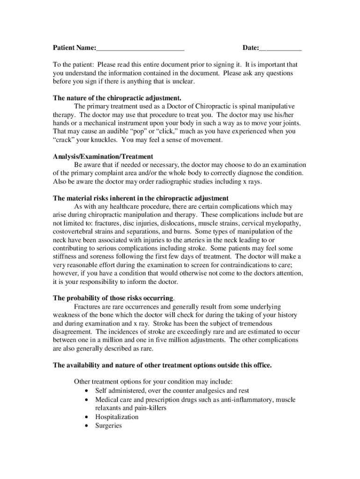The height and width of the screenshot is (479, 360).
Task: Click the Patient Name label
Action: [x=74, y=48]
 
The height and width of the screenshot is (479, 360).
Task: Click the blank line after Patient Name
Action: [x=140, y=49]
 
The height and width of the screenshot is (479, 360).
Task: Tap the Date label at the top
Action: [x=251, y=48]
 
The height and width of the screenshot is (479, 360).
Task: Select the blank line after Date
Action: [x=281, y=49]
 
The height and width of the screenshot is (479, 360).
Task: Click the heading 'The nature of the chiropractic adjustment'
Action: [x=117, y=98]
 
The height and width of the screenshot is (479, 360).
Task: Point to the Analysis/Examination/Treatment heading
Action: [x=103, y=156]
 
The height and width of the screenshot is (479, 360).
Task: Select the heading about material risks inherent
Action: [x=141, y=198]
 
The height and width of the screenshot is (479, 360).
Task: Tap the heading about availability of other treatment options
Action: [x=162, y=365]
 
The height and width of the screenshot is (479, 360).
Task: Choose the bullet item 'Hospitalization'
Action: [x=117, y=417]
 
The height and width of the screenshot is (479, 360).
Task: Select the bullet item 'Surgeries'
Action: [x=108, y=426]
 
